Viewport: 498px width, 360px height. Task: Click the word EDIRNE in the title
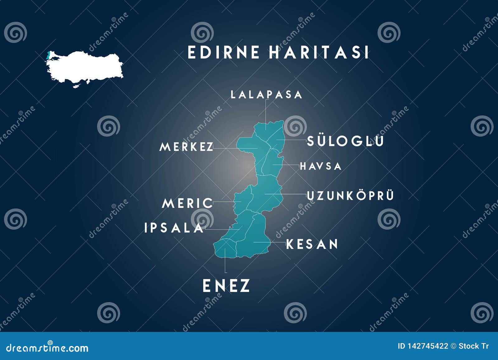point(223,52)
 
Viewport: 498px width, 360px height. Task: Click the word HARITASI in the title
point(319,52)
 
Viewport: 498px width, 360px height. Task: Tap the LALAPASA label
point(266,95)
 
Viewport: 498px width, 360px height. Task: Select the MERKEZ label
point(186,147)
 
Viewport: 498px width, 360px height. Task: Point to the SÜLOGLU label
point(345,141)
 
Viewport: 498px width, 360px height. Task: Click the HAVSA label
point(321,166)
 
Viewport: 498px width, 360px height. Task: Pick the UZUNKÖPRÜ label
point(350,196)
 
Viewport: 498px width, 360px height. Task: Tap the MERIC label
point(187,203)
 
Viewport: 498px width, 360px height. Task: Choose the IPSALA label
point(174,228)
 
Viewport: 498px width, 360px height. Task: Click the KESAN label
point(312,244)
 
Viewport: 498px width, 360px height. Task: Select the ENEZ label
point(226,286)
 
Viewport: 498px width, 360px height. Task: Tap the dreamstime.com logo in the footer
point(47,348)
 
